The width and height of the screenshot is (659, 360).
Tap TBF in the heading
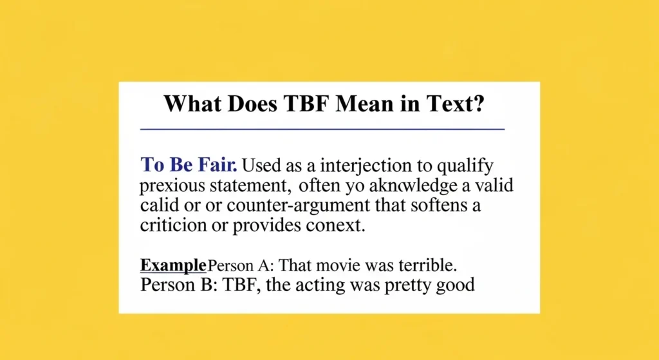(306, 104)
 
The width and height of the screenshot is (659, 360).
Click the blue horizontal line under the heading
(322, 129)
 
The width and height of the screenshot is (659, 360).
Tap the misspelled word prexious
(174, 187)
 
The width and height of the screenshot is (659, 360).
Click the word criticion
(169, 227)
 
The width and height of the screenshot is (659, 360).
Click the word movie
(349, 265)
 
